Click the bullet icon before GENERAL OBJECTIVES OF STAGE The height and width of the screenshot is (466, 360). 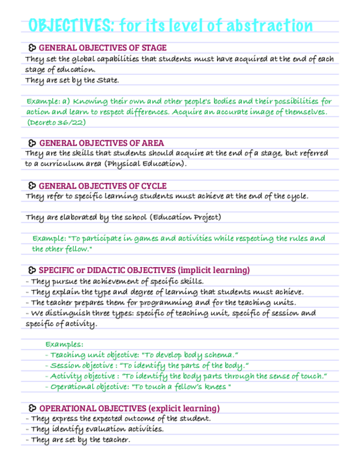pos(32,48)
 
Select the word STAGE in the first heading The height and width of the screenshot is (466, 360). pos(154,48)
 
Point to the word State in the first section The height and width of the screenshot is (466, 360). pos(107,80)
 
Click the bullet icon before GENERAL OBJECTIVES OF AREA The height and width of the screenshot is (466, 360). pos(32,143)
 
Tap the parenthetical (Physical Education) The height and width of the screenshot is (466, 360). pos(146,164)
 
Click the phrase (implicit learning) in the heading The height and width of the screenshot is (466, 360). pos(214,270)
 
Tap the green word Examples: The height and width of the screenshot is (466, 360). pos(64,345)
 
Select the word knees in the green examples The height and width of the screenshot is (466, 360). pos(215,387)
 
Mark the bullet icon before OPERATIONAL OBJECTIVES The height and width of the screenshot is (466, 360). pos(32,408)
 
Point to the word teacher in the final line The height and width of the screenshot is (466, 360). pos(115,440)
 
